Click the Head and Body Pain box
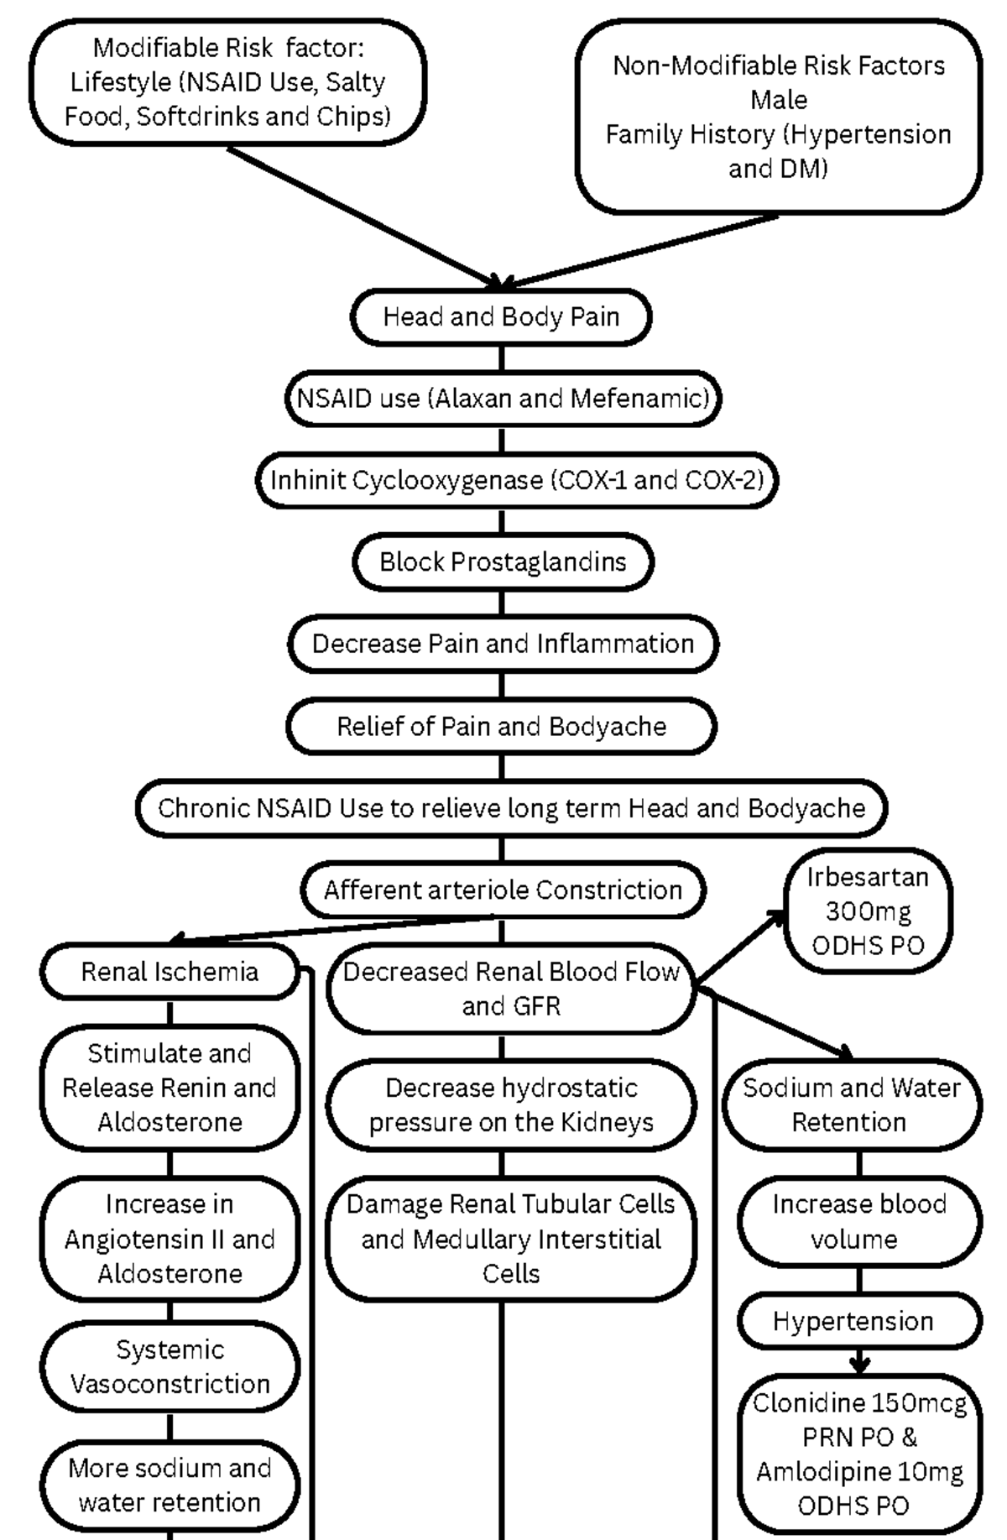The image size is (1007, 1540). tap(501, 316)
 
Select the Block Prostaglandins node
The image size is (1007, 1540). tap(503, 561)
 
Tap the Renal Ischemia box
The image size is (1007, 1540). tap(170, 972)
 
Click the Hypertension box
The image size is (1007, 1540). tap(853, 1321)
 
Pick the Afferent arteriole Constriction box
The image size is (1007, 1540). tap(503, 890)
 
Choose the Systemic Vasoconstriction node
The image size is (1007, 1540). tap(170, 1366)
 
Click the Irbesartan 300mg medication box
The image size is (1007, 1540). tap(868, 911)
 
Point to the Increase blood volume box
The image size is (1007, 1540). tap(858, 1221)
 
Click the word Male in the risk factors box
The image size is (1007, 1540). tap(779, 100)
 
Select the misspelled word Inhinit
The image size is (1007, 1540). tap(307, 480)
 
